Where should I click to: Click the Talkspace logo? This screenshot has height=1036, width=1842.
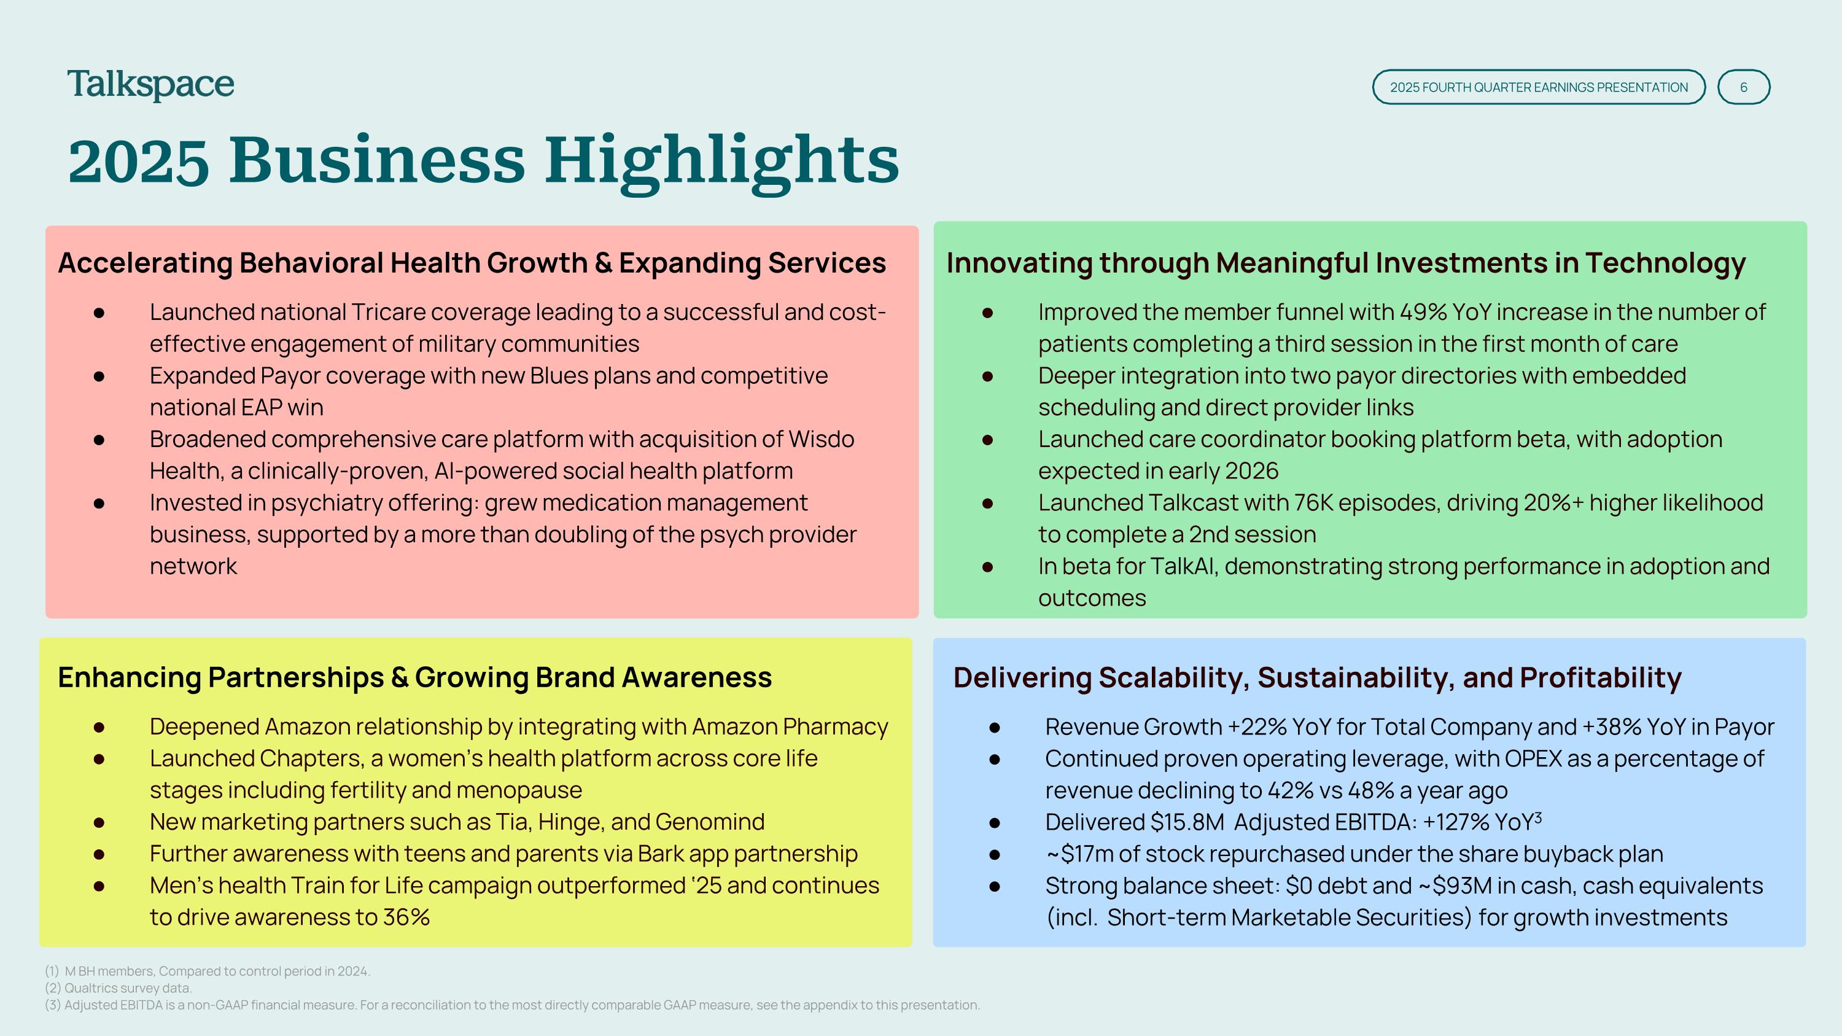[151, 85]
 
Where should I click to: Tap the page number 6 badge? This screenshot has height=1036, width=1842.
[1743, 87]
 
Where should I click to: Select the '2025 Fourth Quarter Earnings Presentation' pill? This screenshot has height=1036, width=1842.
[1539, 87]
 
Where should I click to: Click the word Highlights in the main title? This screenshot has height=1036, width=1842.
[721, 162]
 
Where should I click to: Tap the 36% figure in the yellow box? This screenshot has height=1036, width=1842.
[406, 917]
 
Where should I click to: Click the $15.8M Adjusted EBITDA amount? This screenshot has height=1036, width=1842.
[1187, 822]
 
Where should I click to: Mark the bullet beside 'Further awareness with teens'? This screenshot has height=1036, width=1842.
[99, 854]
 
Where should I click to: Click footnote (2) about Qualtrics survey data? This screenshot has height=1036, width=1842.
[119, 988]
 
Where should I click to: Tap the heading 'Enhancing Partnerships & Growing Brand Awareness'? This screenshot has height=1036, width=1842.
[414, 678]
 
